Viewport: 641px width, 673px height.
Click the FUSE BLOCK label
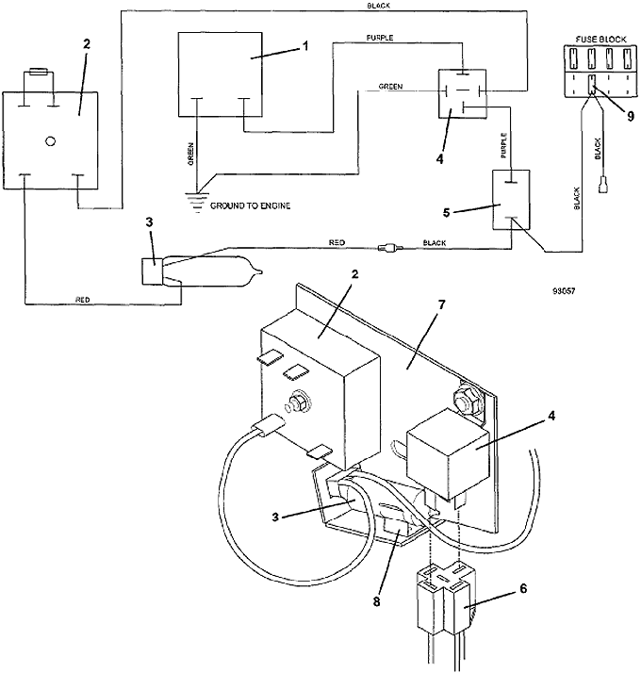tap(600, 39)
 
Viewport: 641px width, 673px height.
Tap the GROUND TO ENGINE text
tap(250, 206)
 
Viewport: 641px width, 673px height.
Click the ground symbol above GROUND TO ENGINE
tap(198, 202)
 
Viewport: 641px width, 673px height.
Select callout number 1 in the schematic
tap(305, 46)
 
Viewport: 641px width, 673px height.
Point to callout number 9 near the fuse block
tap(631, 116)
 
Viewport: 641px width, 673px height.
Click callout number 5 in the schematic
tap(447, 213)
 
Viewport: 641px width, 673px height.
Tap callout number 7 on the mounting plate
tap(441, 305)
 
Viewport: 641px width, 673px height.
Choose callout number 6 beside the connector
tap(523, 588)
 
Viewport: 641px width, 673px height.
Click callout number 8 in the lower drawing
tap(376, 601)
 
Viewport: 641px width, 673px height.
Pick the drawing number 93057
tap(564, 291)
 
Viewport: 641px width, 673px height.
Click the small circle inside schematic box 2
tap(50, 141)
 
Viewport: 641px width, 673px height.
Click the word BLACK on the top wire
tap(378, 6)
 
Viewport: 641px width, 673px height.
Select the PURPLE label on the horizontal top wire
tap(380, 38)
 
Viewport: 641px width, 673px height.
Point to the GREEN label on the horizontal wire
tap(390, 87)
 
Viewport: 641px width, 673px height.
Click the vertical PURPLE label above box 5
tap(504, 145)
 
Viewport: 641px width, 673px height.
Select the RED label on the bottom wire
tap(83, 300)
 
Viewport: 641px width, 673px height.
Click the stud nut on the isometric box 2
tap(296, 403)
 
